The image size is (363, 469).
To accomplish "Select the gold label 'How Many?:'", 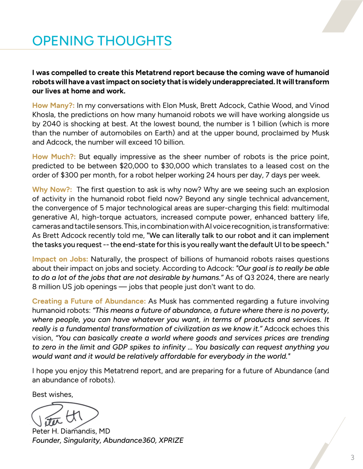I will click(x=53, y=106).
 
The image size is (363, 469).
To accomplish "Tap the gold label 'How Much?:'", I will click(x=54, y=157).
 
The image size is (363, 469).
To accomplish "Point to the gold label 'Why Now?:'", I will click(x=52, y=190).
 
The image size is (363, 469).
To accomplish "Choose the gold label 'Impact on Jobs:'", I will click(x=60, y=259).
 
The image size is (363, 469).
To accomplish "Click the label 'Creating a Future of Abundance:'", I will click(x=89, y=301).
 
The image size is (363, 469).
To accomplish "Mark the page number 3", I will click(x=352, y=458).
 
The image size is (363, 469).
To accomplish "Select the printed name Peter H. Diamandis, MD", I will click(x=71, y=431).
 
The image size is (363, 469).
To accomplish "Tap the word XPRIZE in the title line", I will click(x=171, y=440).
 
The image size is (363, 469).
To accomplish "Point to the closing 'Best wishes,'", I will click(x=53, y=395).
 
